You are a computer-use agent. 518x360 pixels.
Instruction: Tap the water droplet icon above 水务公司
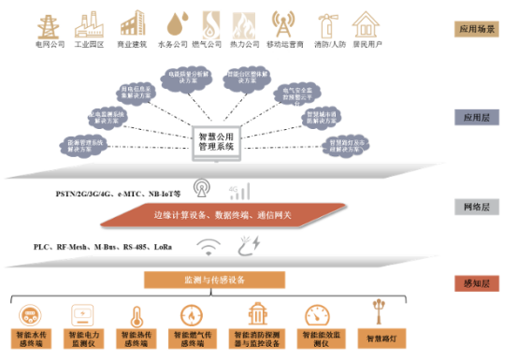176,22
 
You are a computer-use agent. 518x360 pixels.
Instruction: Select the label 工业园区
91,43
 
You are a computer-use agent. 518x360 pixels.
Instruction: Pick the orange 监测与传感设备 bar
213,279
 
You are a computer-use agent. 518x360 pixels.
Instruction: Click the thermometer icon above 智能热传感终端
136,314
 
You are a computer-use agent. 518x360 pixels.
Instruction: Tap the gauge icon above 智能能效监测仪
318,314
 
